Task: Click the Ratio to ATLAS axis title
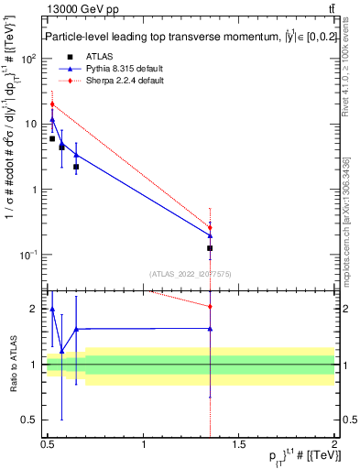[x=13, y=365]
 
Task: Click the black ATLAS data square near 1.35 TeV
[x=211, y=248]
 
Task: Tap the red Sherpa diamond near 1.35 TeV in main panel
[x=211, y=227]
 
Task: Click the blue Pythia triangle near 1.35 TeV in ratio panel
[x=211, y=328]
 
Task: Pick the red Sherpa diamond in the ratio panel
[x=211, y=306]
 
